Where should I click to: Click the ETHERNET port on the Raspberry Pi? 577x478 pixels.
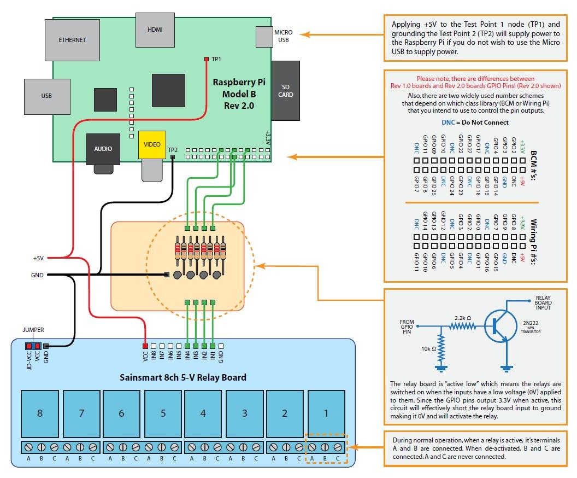[72, 40]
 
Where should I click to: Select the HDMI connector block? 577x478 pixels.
[156, 29]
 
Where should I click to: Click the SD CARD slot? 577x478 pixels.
[285, 91]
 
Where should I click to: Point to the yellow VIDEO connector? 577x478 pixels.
[151, 144]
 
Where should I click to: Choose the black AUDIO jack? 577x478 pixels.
[103, 149]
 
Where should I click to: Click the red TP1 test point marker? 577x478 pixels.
[207, 59]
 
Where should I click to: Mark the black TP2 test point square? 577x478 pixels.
[173, 158]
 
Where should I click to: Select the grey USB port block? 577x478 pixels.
[46, 96]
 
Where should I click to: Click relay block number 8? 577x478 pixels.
[40, 413]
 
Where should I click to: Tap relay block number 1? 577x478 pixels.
[326, 413]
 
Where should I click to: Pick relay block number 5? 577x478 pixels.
[163, 413]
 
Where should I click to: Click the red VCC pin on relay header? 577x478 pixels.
[145, 346]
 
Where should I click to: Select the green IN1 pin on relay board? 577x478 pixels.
[212, 346]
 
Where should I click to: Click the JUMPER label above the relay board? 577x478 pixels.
[33, 330]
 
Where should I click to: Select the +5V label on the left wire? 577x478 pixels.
[38, 258]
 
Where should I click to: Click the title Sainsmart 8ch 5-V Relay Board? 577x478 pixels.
[183, 377]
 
